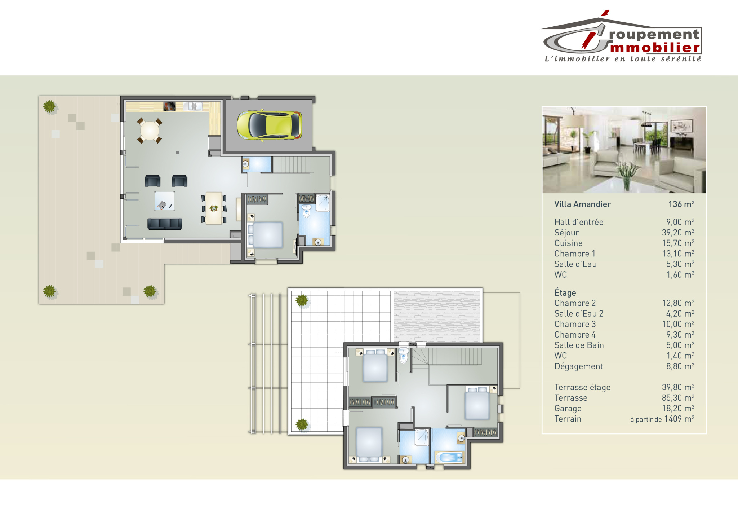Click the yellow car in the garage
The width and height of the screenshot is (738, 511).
[x=269, y=125]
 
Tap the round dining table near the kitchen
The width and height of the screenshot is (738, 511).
[x=150, y=131]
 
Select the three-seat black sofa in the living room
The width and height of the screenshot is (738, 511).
[x=165, y=224]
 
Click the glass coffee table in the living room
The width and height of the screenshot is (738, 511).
[x=164, y=201]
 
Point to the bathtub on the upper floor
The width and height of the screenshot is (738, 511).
[x=449, y=458]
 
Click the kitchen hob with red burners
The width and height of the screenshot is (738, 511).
[x=169, y=106]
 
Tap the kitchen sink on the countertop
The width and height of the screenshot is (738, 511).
[x=193, y=106]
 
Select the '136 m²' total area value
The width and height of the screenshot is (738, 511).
[x=681, y=204]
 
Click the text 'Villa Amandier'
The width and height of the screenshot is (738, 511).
[x=582, y=204]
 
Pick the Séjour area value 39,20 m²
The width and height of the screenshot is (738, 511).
[x=678, y=233]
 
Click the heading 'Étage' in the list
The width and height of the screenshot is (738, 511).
[x=565, y=292]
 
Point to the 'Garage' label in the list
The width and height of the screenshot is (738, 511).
[x=568, y=409]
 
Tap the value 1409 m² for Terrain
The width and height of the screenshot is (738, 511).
[x=679, y=419]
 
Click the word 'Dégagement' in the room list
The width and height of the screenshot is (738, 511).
[x=578, y=366]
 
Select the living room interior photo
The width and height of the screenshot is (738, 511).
[x=624, y=150]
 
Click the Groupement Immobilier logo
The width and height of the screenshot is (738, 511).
[x=622, y=36]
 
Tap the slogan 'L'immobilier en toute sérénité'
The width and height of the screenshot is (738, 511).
[x=623, y=59]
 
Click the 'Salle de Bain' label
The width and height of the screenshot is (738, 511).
[x=579, y=345]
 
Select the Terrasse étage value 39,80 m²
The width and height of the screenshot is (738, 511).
[x=678, y=387]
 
